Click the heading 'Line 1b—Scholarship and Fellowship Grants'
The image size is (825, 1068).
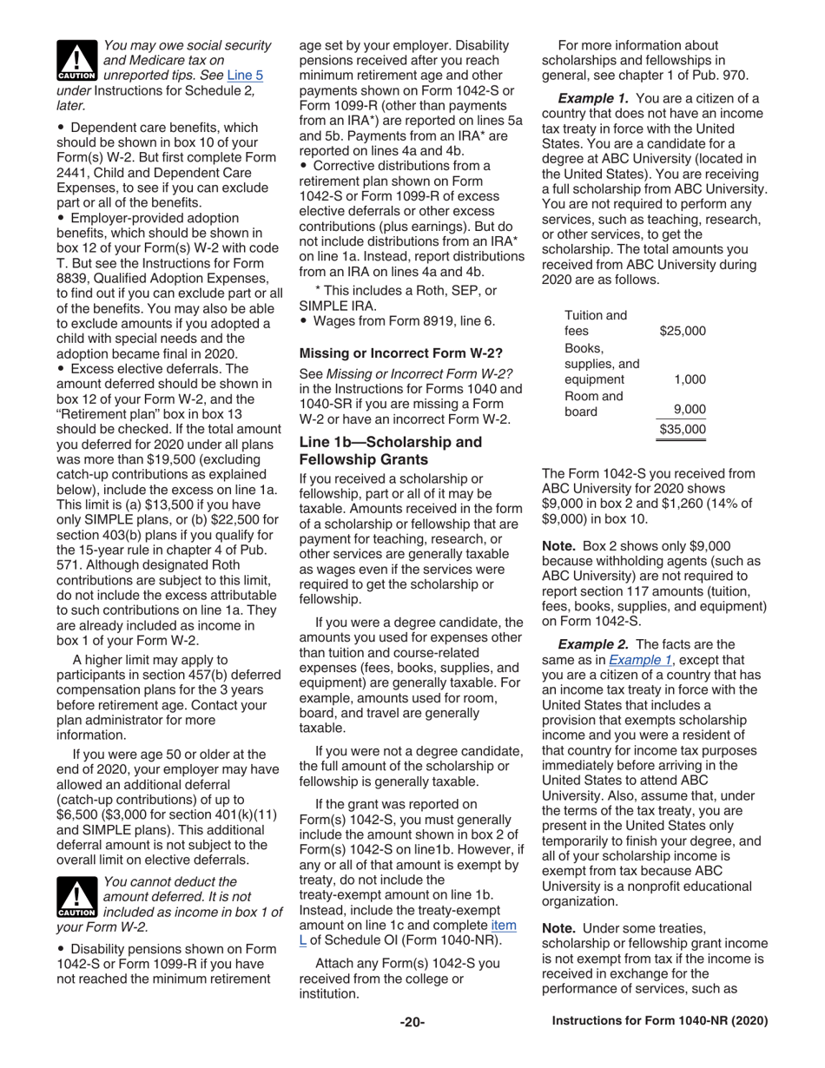(390, 450)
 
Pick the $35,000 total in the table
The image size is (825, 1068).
(682, 428)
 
